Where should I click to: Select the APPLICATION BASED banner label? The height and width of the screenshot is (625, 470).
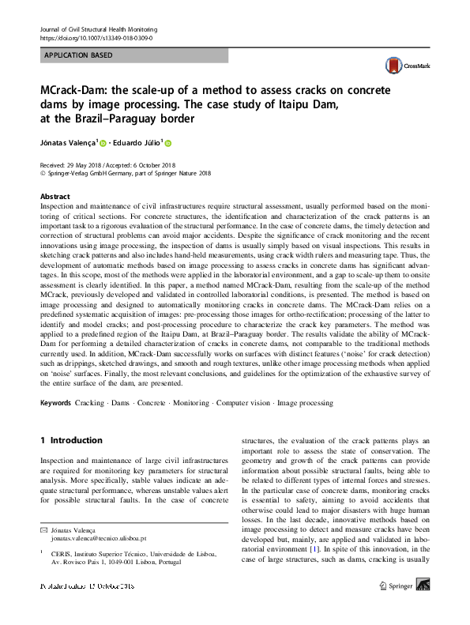point(78,55)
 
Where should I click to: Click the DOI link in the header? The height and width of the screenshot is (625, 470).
point(96,37)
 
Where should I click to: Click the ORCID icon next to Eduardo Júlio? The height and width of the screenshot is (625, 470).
point(168,143)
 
